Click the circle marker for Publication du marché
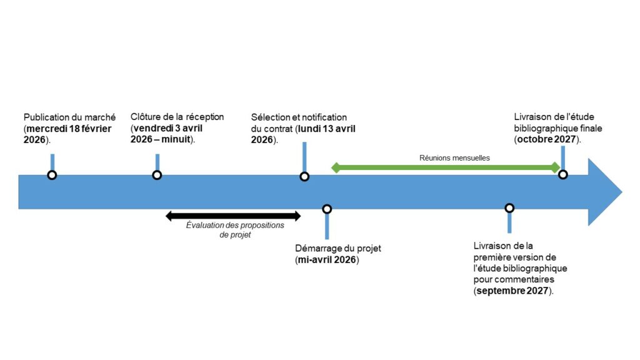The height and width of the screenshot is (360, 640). click(52, 175)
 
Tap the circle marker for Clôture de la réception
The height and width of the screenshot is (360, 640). click(157, 175)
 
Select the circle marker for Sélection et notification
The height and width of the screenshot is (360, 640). click(304, 176)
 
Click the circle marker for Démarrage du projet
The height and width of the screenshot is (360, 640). click(326, 209)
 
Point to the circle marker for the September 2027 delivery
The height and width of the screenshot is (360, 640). click(509, 207)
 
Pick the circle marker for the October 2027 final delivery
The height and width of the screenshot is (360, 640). click(562, 174)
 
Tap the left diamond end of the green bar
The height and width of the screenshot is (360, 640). click(336, 167)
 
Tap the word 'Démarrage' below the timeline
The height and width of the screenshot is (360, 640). click(317, 249)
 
